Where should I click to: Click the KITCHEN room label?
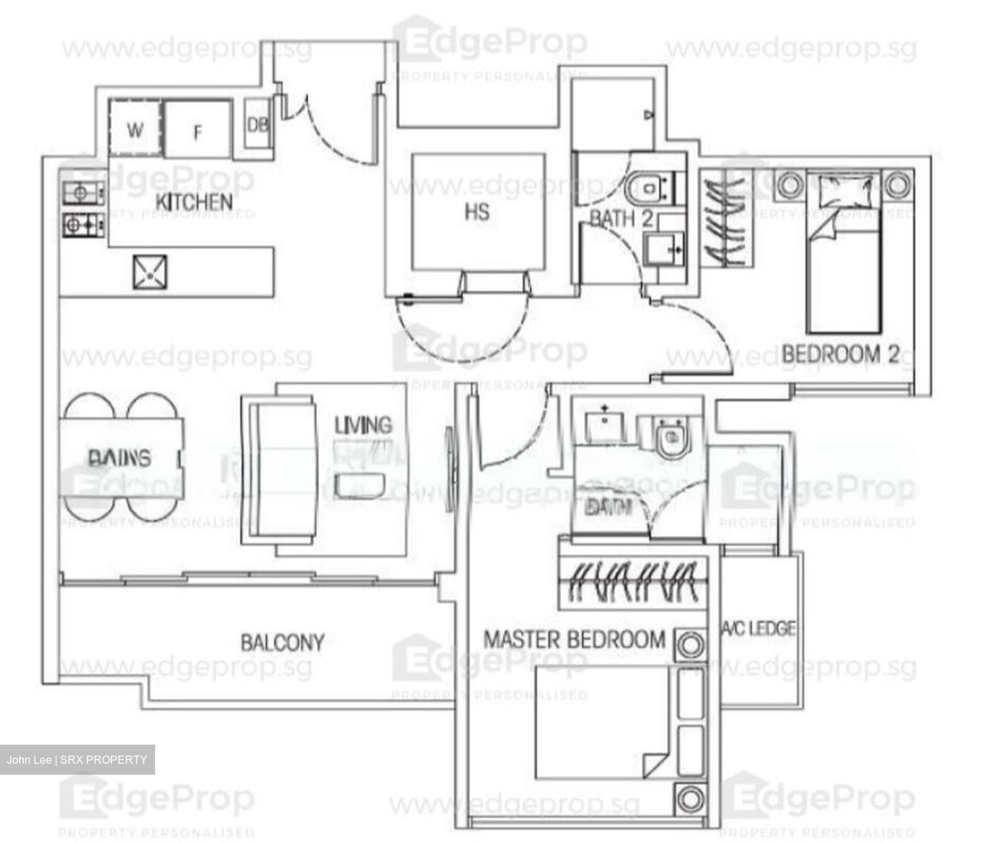(194, 202)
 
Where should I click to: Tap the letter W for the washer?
(135, 130)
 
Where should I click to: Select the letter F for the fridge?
(198, 132)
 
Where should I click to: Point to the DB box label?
(258, 125)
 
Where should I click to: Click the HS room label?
(477, 212)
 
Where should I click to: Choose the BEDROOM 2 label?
(840, 355)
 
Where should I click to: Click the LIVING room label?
(363, 425)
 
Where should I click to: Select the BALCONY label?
(282, 642)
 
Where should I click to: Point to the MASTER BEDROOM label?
(574, 639)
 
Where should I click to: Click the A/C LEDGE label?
(759, 628)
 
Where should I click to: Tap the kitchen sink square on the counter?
(150, 272)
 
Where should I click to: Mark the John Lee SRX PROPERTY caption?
(77, 760)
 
